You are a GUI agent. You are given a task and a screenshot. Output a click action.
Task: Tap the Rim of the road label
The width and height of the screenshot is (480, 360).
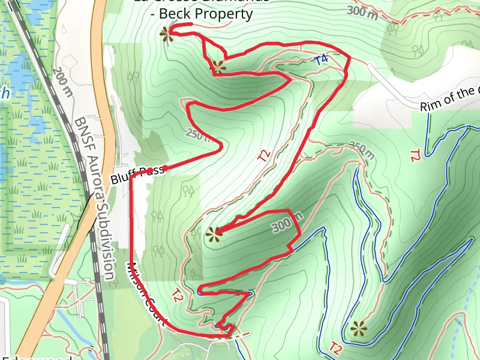(450, 99)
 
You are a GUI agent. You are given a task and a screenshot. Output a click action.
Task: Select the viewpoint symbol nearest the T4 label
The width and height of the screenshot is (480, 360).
(218, 66)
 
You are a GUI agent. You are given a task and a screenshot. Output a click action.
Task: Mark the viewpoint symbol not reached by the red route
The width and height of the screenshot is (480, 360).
(358, 328)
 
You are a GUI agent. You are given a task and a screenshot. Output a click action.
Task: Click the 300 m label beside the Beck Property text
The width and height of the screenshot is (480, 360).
(363, 12)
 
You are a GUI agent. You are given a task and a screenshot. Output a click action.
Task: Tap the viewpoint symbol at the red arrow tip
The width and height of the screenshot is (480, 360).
(212, 235)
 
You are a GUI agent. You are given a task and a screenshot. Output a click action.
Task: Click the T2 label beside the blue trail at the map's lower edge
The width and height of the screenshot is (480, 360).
(336, 347)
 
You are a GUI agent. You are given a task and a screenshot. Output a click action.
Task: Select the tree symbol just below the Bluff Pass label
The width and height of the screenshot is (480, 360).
(158, 215)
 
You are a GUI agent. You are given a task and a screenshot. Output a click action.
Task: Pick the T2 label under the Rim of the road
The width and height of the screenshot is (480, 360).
(415, 155)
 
